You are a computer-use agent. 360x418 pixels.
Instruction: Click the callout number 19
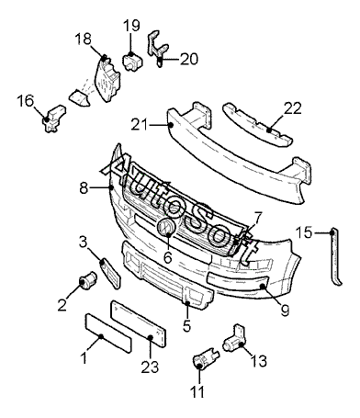[x=132, y=26]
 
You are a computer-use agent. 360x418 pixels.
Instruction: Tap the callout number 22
[x=292, y=108]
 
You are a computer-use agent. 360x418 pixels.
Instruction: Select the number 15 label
[x=304, y=232]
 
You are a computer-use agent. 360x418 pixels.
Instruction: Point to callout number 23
[x=150, y=367]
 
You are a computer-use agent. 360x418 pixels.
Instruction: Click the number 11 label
[x=197, y=391]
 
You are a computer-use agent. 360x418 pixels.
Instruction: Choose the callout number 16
[x=26, y=101]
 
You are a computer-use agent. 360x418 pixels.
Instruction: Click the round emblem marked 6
[x=166, y=227]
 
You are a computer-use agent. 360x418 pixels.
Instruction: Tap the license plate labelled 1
[x=107, y=333]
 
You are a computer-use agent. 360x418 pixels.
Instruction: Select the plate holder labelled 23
[x=139, y=323]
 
